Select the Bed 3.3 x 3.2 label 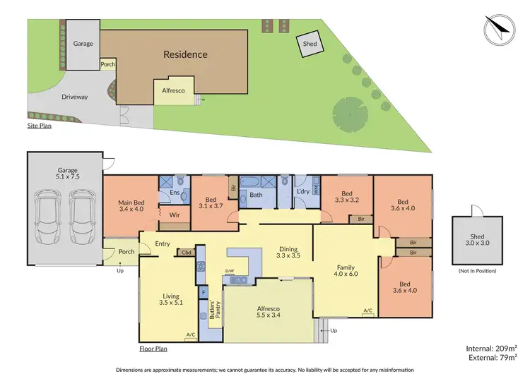click(346, 197)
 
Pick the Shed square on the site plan click(309, 44)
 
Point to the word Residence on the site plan click(185, 54)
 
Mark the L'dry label click(303, 191)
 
